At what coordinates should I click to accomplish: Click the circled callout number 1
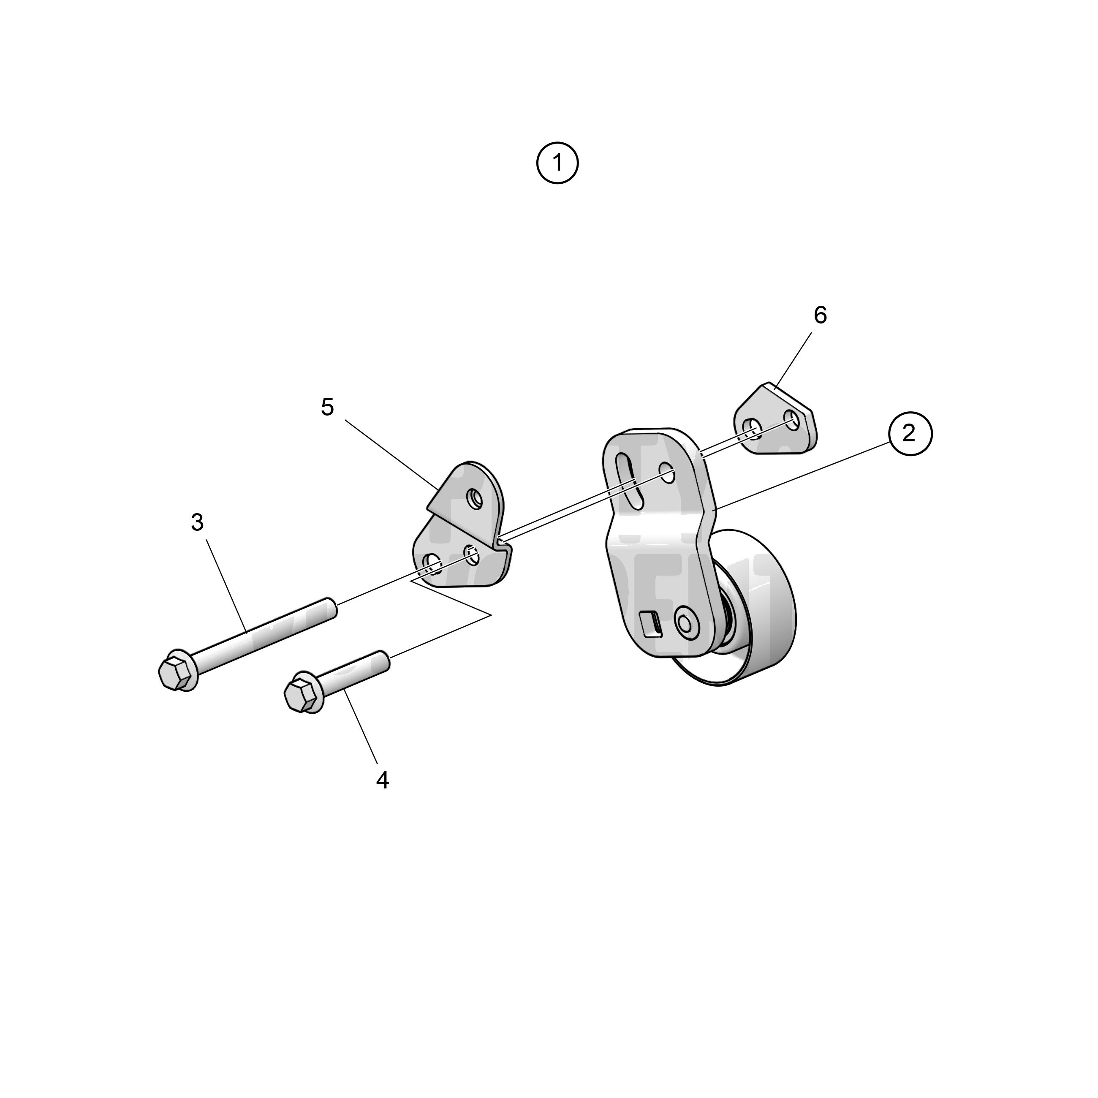[x=557, y=163]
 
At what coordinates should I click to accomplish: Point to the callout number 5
[x=327, y=407]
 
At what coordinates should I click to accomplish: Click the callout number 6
[x=820, y=315]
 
